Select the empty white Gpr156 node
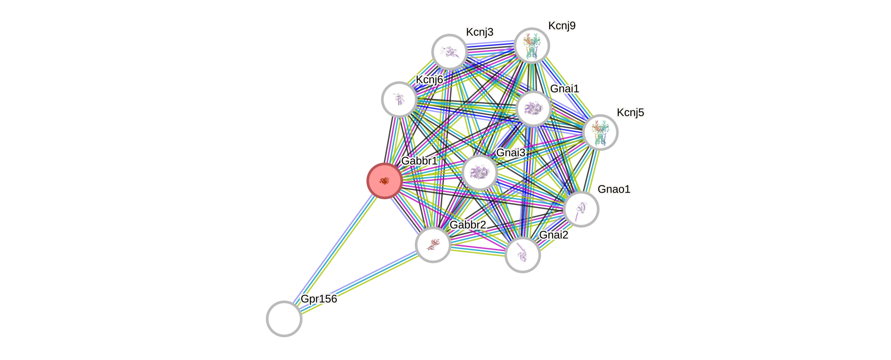[284, 319]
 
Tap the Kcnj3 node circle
[449, 52]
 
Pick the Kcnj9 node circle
[532, 46]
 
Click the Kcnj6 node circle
[399, 100]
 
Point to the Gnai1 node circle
[533, 109]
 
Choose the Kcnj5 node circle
[600, 132]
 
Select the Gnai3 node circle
[479, 172]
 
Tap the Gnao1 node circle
[581, 209]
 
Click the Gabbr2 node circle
[433, 245]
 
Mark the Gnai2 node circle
[522, 255]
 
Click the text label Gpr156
[319, 299]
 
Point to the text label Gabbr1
[419, 161]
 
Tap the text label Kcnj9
[562, 25]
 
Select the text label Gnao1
[614, 189]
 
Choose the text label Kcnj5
[630, 112]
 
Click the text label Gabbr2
[468, 225]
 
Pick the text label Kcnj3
[479, 32]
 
